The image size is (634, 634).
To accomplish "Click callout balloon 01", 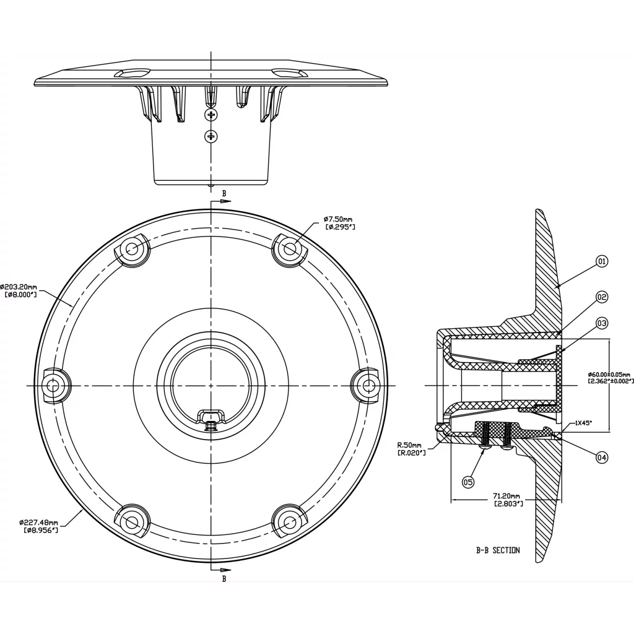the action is pos(602,262).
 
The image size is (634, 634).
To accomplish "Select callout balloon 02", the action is pos(602,297).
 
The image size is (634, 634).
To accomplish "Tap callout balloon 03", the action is pos(602,323).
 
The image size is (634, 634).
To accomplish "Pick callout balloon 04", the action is pos(602,458).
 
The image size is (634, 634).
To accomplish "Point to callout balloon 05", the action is pos(468,482).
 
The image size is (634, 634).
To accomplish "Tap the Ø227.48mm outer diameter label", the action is pos(39,526).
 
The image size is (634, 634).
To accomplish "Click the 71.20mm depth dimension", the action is pos(506,500).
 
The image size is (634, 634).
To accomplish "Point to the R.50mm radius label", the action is pos(412,449).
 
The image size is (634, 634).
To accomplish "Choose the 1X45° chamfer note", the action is pos(583,423).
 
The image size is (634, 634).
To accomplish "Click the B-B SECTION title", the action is pos(498,550).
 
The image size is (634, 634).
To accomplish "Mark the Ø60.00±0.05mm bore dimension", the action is pos(610,378).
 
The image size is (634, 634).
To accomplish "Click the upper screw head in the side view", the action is pos(211,115).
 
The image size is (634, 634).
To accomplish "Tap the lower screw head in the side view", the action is pos(211,136).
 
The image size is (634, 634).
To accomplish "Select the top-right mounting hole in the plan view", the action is pos(290,249).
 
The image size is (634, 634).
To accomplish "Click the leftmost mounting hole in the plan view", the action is pos(53,386).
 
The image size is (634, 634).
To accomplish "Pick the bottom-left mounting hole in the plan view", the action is pos(132,522).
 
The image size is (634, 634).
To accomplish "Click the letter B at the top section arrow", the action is pos(224,194).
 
